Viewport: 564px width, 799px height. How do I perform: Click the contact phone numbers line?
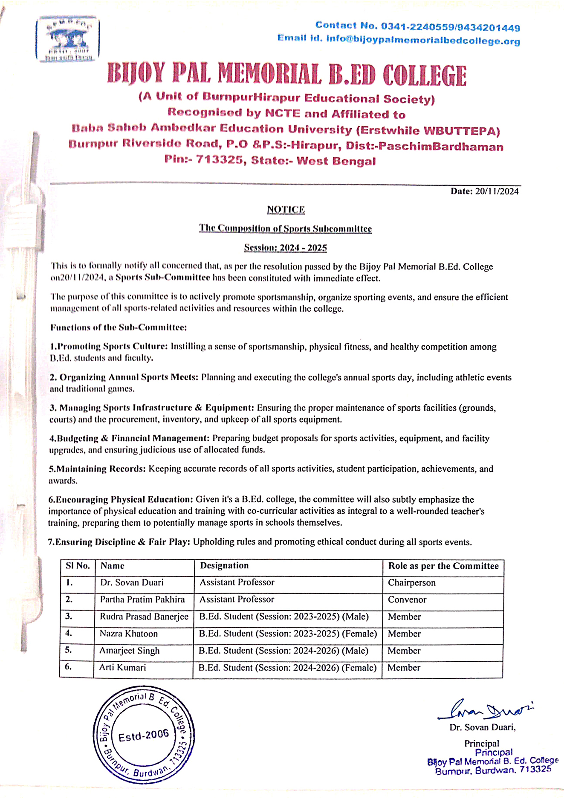[417, 26]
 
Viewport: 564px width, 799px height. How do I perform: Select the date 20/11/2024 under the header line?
[497, 191]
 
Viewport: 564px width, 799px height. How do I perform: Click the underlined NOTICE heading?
[286, 210]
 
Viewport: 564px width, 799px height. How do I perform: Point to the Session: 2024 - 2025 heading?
[285, 248]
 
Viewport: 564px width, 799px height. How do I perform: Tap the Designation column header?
[224, 566]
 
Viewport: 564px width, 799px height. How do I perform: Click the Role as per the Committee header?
[443, 566]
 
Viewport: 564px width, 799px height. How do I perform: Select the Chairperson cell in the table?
[411, 583]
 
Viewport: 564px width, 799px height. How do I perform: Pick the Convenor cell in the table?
[407, 600]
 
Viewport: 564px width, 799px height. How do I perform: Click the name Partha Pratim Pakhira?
[142, 599]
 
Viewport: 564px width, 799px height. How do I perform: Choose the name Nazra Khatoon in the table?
[129, 634]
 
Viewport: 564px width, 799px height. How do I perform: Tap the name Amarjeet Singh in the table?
[130, 651]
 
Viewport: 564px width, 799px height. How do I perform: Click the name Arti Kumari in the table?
[123, 668]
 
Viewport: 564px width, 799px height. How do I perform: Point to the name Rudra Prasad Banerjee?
[144, 617]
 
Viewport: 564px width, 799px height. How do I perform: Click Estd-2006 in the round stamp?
[144, 735]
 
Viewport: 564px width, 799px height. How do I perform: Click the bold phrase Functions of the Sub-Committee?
[119, 327]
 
